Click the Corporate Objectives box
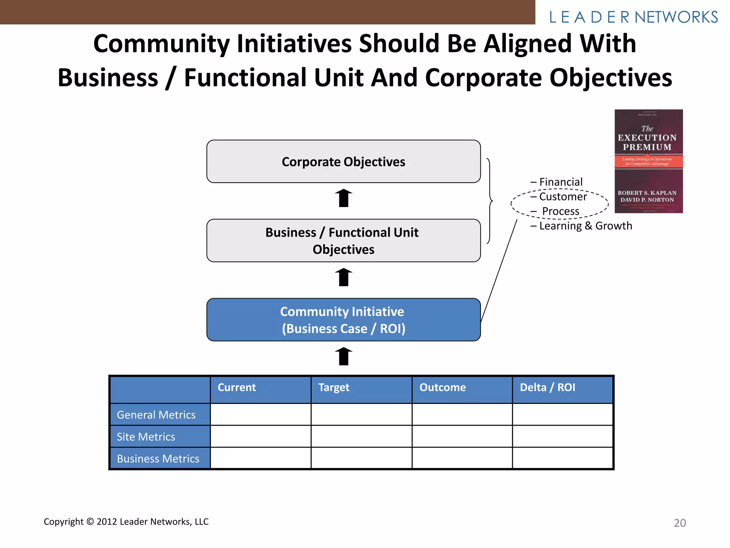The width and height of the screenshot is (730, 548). [343, 162]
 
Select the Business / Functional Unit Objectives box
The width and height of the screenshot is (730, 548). [343, 240]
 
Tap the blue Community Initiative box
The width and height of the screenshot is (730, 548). [343, 320]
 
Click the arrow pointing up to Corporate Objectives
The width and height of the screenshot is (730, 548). [344, 198]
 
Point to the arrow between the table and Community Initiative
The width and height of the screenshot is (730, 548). [344, 356]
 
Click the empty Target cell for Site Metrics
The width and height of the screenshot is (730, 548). [361, 436]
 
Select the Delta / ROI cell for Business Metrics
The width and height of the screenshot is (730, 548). [562, 458]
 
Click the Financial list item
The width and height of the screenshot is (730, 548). [561, 182]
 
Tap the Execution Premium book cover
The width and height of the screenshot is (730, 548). [648, 161]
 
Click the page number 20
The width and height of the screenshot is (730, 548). [680, 523]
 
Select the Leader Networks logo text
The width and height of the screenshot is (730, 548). [633, 17]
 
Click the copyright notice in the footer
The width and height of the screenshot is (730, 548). [126, 522]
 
